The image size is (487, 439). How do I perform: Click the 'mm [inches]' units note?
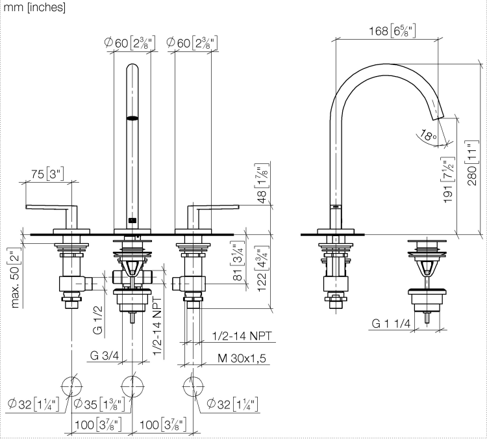(34, 7)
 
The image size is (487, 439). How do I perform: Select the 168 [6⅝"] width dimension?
(392, 31)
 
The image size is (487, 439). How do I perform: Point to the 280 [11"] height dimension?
(472, 163)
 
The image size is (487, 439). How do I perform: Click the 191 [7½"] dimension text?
(448, 181)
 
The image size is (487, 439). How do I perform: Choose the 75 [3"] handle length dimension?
(47, 174)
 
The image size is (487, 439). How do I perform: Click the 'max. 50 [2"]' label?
(16, 278)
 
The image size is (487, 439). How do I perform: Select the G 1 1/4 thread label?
(391, 324)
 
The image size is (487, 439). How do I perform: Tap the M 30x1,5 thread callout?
(242, 358)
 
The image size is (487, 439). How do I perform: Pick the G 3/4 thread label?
(104, 355)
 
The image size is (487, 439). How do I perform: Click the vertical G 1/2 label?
(98, 319)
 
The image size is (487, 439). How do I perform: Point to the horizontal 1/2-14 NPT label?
(242, 336)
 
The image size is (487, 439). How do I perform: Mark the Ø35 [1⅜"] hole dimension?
(99, 404)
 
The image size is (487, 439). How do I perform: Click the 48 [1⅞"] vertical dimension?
(262, 183)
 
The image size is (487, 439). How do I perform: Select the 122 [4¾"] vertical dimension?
(262, 269)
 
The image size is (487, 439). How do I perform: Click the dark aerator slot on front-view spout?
(132, 118)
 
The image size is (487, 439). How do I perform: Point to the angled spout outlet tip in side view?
(438, 117)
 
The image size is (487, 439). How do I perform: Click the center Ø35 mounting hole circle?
(132, 387)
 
